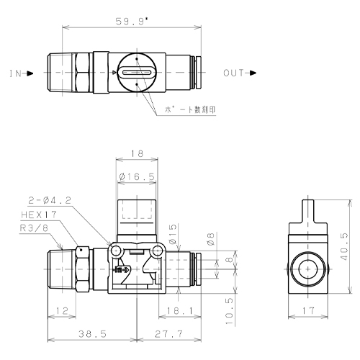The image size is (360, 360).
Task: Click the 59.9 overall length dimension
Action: tap(132, 22)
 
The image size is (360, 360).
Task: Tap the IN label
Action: tap(16, 73)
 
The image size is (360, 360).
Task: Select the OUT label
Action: tap(234, 73)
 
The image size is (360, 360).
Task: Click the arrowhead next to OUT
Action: tap(253, 73)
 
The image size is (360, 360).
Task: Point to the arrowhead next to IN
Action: tap(30, 73)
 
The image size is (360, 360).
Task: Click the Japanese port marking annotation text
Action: tap(189, 109)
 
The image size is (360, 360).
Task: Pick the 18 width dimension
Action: tap(137, 153)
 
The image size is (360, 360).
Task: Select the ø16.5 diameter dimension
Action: tap(137, 177)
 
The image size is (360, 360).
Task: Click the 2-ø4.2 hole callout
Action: tap(50, 200)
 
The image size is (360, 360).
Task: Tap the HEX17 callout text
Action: tap(39, 215)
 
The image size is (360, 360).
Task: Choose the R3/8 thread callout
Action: tap(34, 228)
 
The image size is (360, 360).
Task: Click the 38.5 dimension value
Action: tap(92, 334)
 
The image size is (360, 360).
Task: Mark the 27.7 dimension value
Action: tap(168, 334)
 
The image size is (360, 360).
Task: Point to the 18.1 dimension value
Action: tap(180, 311)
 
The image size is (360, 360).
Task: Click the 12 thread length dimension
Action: tap(62, 311)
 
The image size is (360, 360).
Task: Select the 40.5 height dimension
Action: tap(344, 246)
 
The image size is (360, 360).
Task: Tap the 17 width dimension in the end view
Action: tap(308, 311)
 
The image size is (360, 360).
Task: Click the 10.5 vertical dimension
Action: tap(230, 311)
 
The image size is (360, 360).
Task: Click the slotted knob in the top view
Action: tap(137, 72)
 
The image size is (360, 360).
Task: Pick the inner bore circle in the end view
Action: tap(308, 269)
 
